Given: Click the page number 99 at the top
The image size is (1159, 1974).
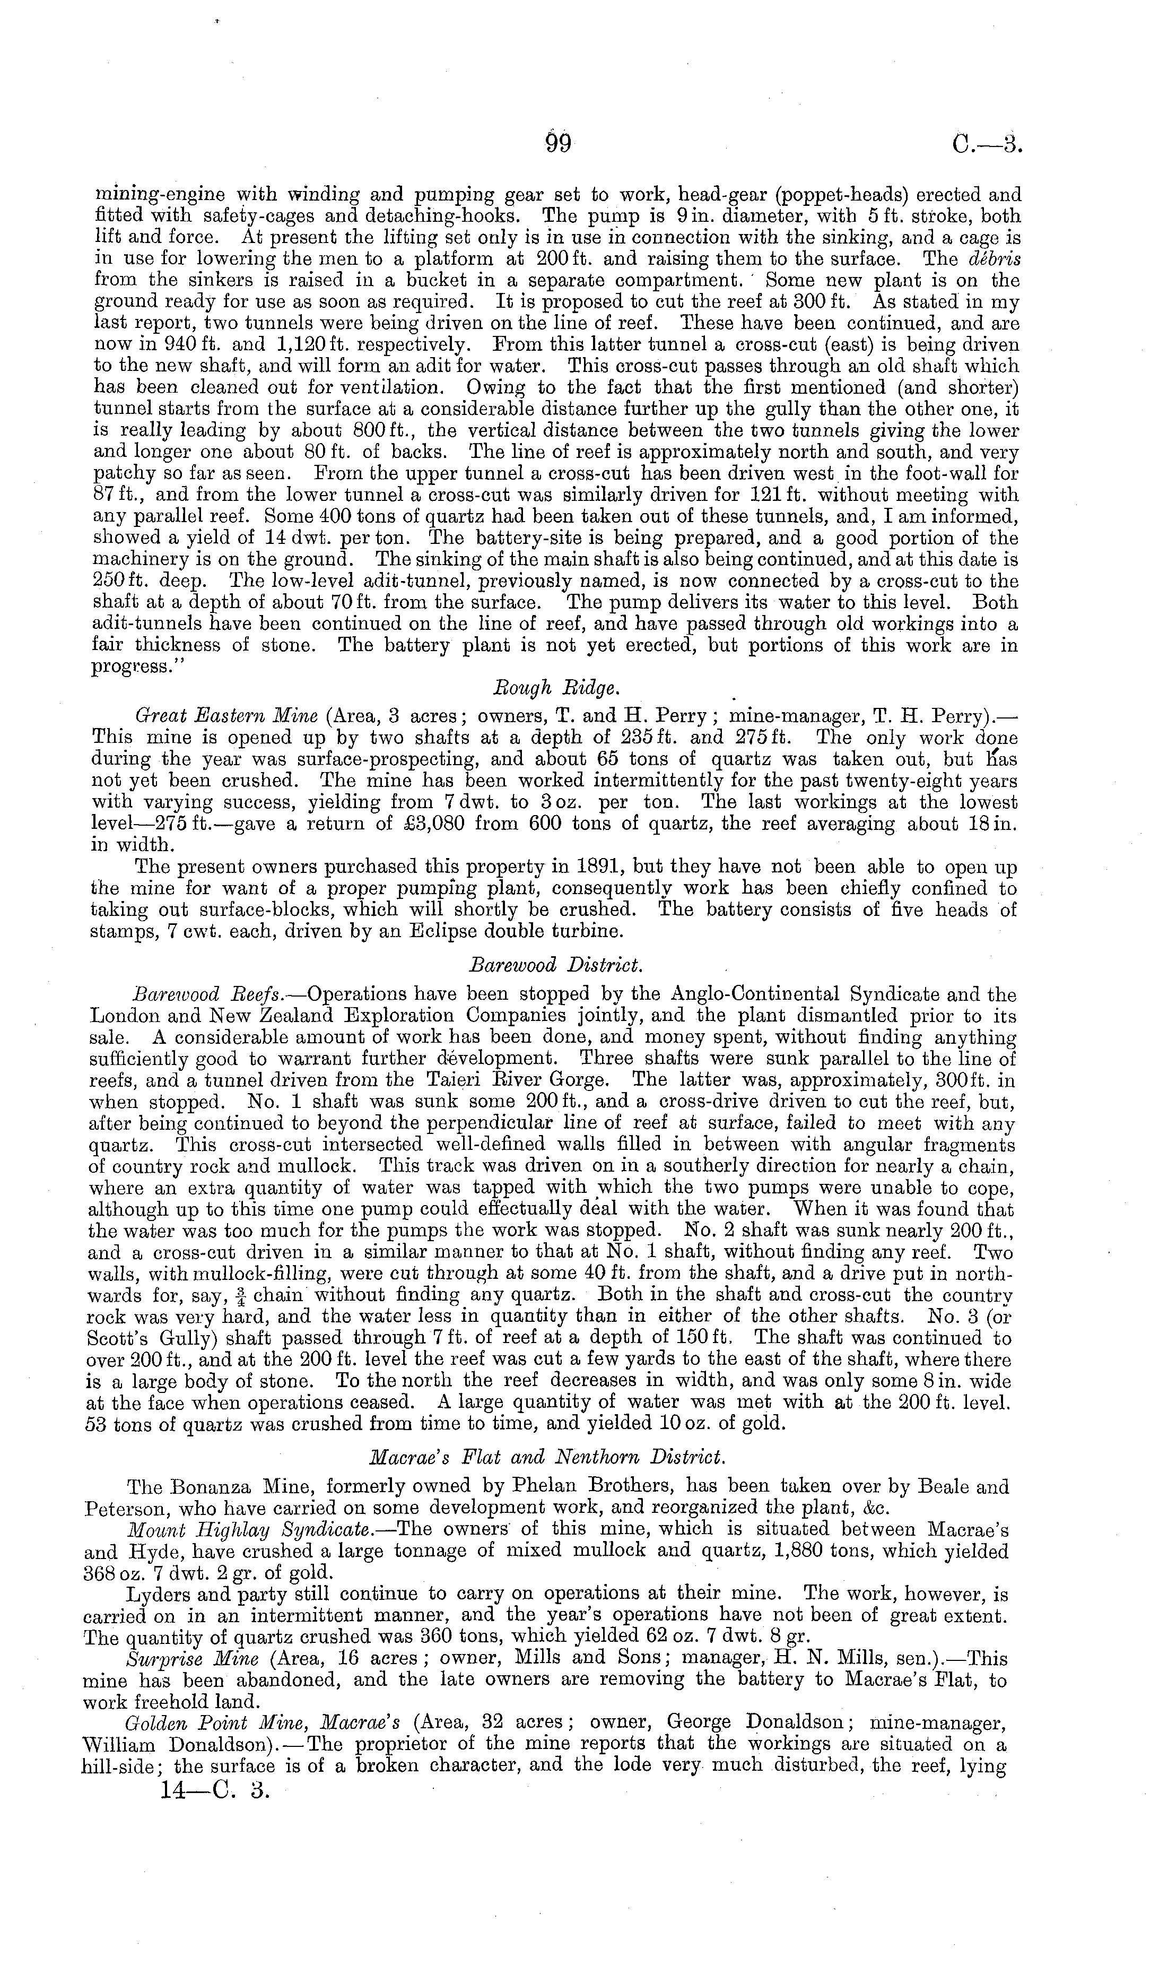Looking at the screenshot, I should (x=559, y=146).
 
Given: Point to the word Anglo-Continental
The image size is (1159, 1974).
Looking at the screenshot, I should (x=755, y=995).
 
